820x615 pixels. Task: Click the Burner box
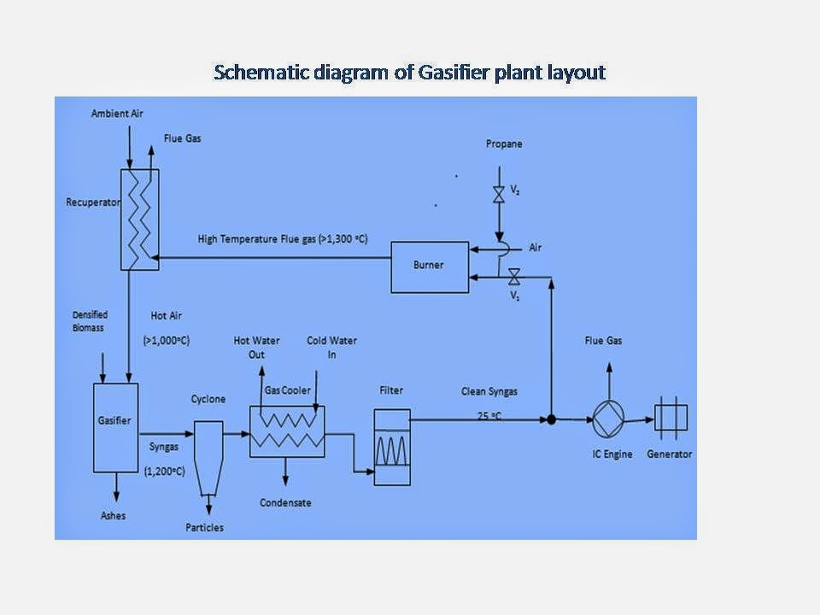coord(429,266)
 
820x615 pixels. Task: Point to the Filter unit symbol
coord(392,447)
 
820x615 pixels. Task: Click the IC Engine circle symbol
coord(609,419)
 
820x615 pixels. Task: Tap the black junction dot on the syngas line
coord(552,419)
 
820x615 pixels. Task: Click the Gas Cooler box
coord(287,431)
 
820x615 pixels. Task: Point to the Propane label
coord(503,144)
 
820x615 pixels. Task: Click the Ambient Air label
coord(116,114)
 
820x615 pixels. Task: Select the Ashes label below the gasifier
coord(112,516)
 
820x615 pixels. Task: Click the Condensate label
coord(285,502)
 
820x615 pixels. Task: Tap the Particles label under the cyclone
coord(205,527)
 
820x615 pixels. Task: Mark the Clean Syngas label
coord(489,391)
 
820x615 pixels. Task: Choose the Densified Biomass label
coord(90,320)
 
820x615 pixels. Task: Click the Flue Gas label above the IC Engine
coord(603,341)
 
